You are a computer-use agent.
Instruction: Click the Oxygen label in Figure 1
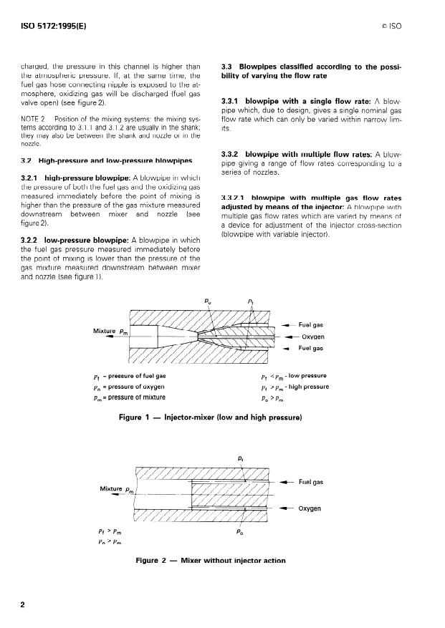coord(314,336)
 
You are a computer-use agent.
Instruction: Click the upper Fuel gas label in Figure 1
coord(311,324)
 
